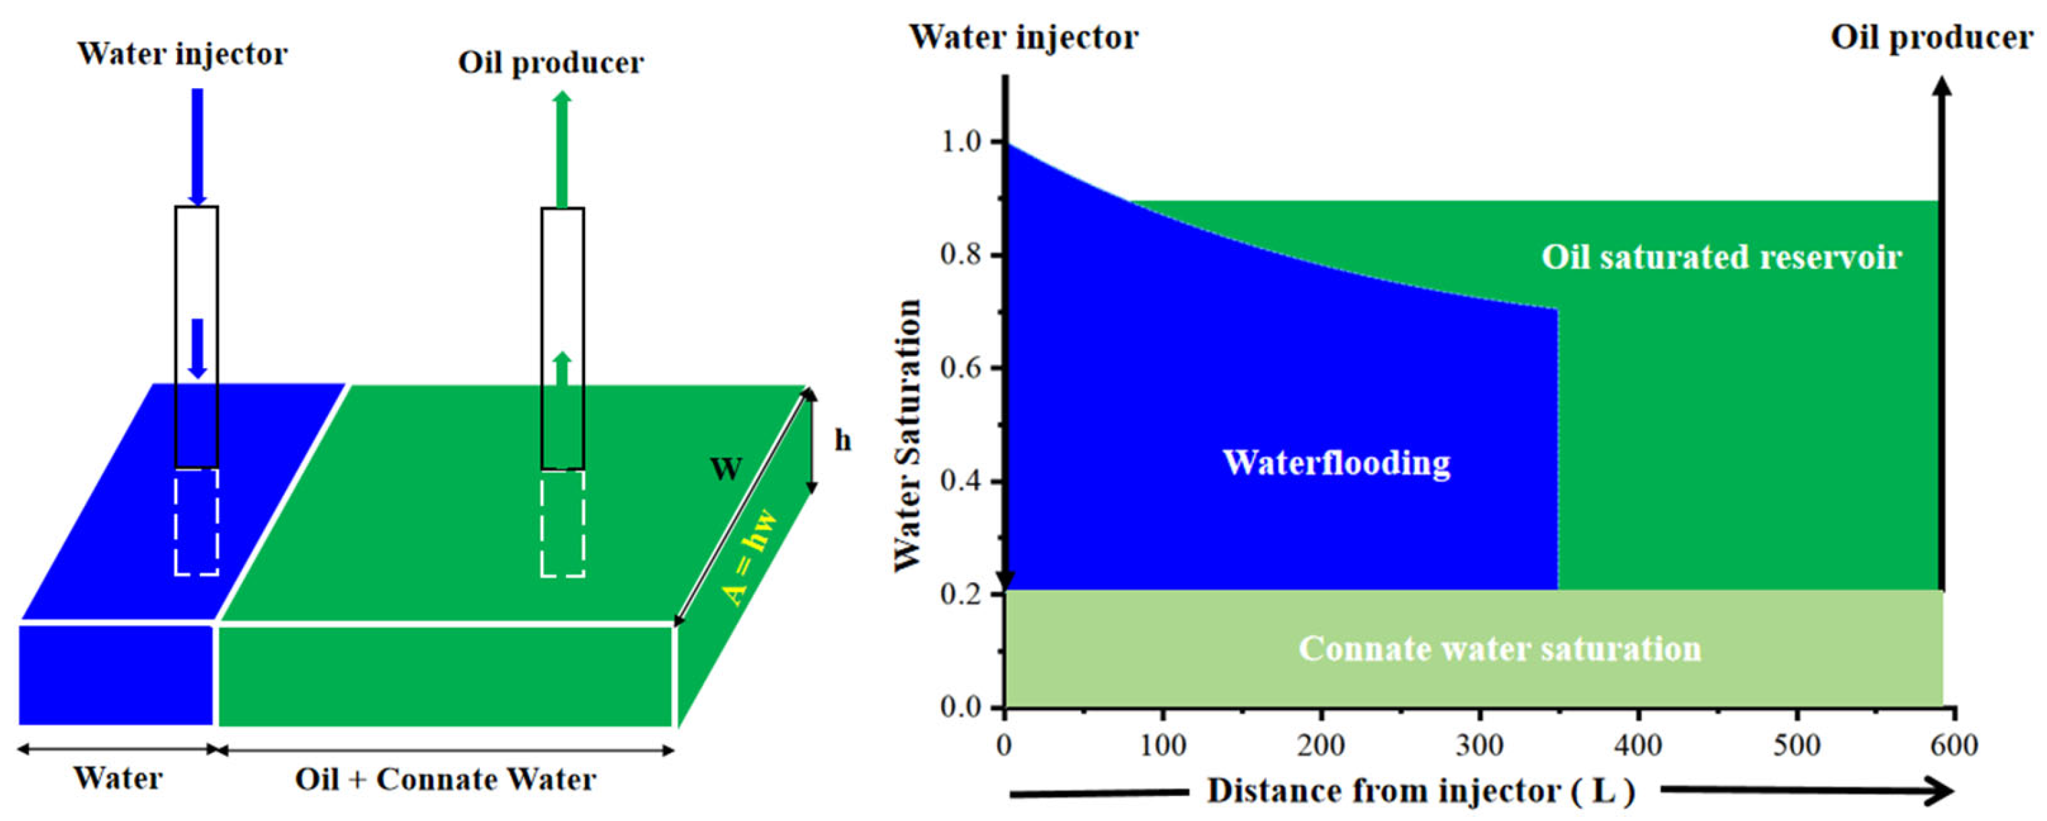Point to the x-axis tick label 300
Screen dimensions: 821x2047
click(1479, 746)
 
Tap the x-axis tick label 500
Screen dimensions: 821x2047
click(1797, 746)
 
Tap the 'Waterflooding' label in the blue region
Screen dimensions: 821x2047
click(1337, 462)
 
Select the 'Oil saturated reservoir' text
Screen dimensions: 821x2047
click(1721, 256)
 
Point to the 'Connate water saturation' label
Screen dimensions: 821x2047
click(1500, 649)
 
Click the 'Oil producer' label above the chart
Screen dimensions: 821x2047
click(1931, 38)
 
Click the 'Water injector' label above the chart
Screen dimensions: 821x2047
click(1023, 38)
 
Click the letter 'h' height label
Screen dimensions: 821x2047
click(842, 439)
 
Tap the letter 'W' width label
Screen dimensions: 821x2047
click(726, 469)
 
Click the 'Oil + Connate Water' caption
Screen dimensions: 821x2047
click(445, 779)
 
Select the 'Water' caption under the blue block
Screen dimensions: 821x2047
click(118, 777)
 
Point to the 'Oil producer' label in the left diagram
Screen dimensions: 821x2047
click(551, 63)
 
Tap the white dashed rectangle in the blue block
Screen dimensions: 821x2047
click(197, 522)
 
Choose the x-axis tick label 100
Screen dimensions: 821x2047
click(1163, 746)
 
